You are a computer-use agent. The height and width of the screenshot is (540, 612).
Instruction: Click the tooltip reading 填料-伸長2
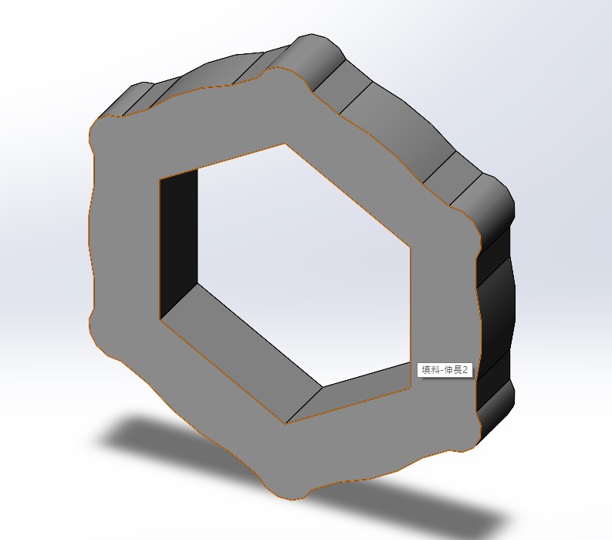click(445, 369)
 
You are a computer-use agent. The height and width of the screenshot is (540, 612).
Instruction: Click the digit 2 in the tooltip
click(465, 369)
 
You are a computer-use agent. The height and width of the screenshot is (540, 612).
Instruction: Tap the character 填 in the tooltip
click(425, 369)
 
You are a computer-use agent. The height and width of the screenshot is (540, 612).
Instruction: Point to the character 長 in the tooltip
click(455, 369)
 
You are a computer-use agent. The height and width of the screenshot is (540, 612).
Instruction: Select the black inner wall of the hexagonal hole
click(178, 243)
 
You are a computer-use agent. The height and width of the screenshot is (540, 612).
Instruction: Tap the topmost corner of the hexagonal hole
click(286, 144)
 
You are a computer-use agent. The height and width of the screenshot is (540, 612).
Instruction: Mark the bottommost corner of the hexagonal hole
click(286, 424)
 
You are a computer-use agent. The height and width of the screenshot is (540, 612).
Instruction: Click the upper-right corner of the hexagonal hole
click(411, 246)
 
